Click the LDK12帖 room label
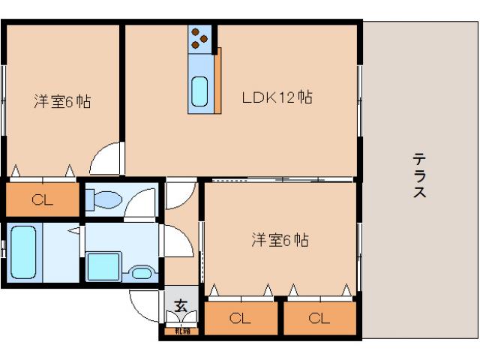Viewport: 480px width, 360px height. (277, 97)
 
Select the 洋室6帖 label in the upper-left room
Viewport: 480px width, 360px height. (62, 102)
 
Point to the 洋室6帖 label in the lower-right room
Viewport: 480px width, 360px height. (280, 240)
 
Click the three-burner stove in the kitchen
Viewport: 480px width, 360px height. (199, 38)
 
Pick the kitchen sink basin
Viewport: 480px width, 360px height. (199, 92)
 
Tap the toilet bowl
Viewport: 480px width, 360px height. (103, 199)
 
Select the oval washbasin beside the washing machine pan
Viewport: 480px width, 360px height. (141, 272)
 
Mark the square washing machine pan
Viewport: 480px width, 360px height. (103, 265)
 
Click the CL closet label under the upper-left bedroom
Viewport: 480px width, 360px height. (43, 199)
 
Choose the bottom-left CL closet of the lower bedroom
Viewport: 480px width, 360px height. (239, 318)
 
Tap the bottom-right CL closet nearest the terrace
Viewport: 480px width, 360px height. (319, 318)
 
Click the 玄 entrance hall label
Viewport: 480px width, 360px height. (181, 305)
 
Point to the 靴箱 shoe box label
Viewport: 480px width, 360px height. (181, 331)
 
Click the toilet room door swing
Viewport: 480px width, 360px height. (141, 203)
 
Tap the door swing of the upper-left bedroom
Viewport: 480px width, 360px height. (105, 159)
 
